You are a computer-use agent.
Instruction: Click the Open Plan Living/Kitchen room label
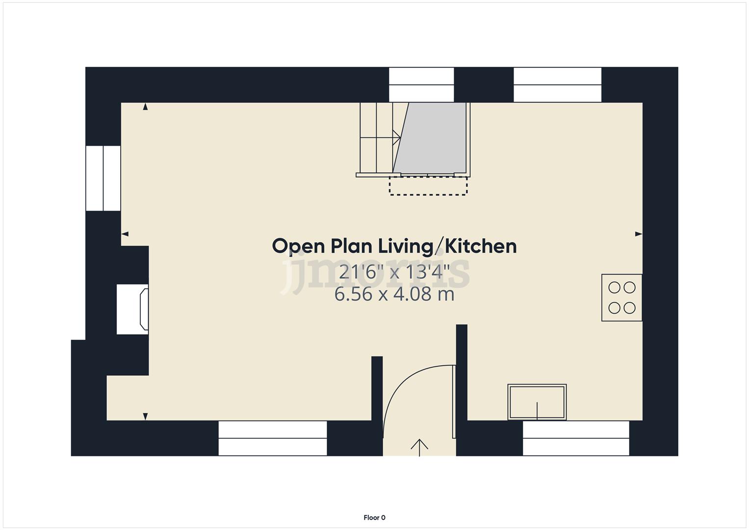pyautogui.click(x=394, y=246)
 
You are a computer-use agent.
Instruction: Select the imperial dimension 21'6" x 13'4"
pyautogui.click(x=394, y=271)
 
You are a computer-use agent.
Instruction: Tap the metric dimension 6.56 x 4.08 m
pyautogui.click(x=394, y=294)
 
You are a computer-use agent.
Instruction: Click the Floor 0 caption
pyautogui.click(x=374, y=517)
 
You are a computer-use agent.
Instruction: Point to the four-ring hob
pyautogui.click(x=622, y=298)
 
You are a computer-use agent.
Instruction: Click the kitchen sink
pyautogui.click(x=537, y=402)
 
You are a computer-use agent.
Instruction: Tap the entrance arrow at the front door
pyautogui.click(x=419, y=447)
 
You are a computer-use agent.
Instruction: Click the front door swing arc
pyautogui.click(x=402, y=388)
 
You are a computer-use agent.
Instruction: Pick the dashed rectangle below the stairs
pyautogui.click(x=428, y=186)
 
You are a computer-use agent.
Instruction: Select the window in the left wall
pyautogui.click(x=103, y=178)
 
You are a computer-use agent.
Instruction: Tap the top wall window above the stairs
pyautogui.click(x=421, y=84)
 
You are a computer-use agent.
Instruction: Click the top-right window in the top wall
pyautogui.click(x=557, y=84)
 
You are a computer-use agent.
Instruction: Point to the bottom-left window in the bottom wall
pyautogui.click(x=273, y=438)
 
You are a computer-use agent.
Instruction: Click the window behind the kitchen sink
pyautogui.click(x=576, y=438)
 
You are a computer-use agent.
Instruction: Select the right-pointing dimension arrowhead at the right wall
pyautogui.click(x=638, y=234)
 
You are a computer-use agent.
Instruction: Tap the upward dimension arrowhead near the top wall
pyautogui.click(x=145, y=106)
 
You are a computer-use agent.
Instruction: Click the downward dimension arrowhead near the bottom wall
pyautogui.click(x=145, y=417)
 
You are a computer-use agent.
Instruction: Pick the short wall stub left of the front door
pyautogui.click(x=377, y=393)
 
